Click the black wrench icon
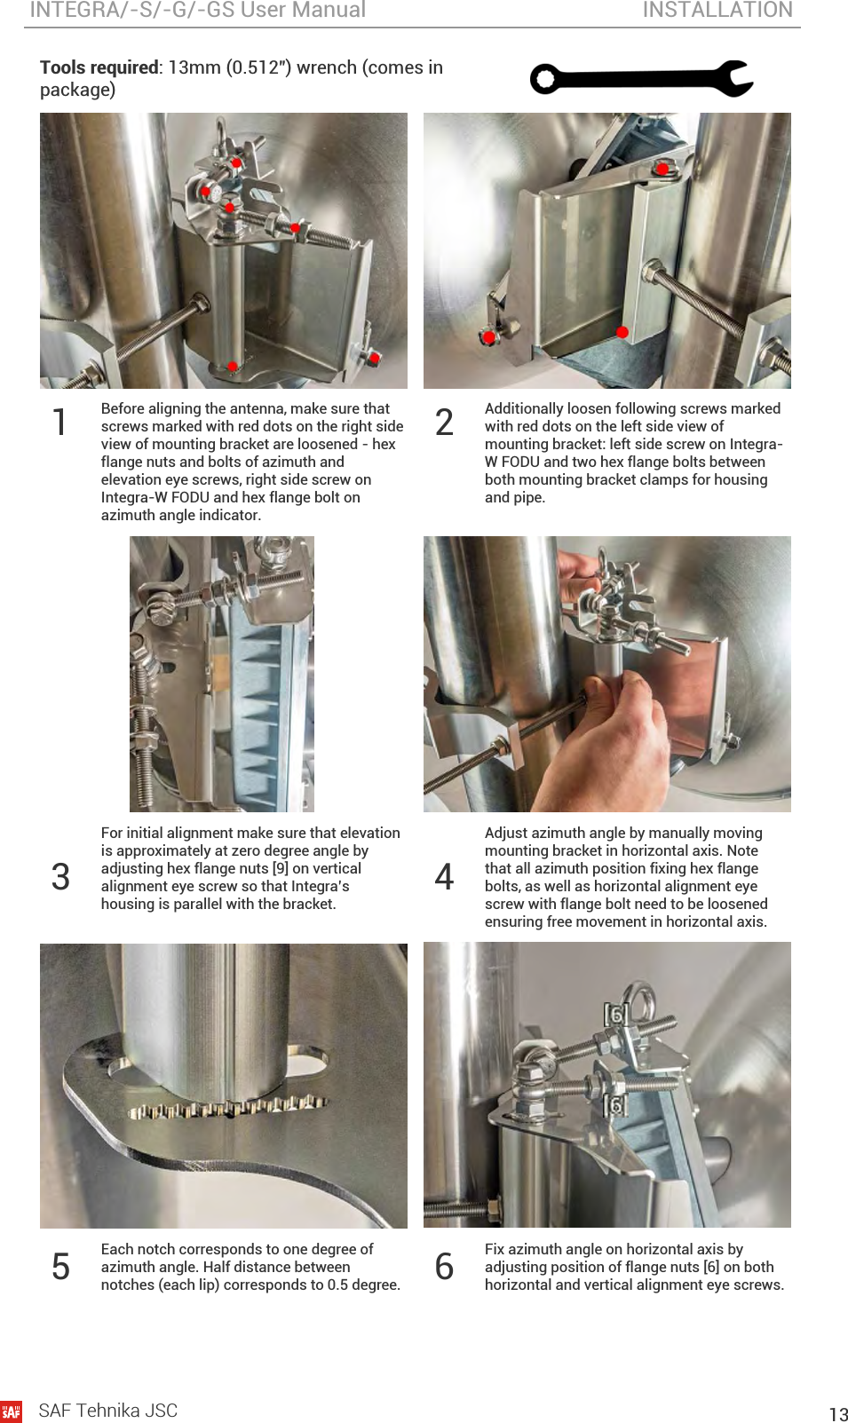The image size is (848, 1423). point(642,79)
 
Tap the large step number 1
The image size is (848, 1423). point(59,423)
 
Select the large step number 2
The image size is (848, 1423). point(444,423)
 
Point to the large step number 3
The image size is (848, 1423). point(60,877)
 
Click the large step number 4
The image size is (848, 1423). point(444,877)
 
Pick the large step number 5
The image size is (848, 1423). point(60,1266)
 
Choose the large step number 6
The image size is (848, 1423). point(444,1266)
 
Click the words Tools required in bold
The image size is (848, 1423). point(99,68)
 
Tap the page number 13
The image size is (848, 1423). point(838,1414)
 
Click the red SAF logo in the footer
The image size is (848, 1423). point(11,1411)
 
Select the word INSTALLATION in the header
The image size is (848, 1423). point(717,10)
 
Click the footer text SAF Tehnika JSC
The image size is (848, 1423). point(108,1411)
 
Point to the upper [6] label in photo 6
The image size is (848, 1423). point(615,1015)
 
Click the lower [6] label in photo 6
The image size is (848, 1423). point(615,1106)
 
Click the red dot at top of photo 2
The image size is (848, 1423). point(662,169)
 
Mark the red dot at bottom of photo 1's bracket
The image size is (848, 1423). point(233,367)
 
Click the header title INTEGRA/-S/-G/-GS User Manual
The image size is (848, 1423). point(198,10)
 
